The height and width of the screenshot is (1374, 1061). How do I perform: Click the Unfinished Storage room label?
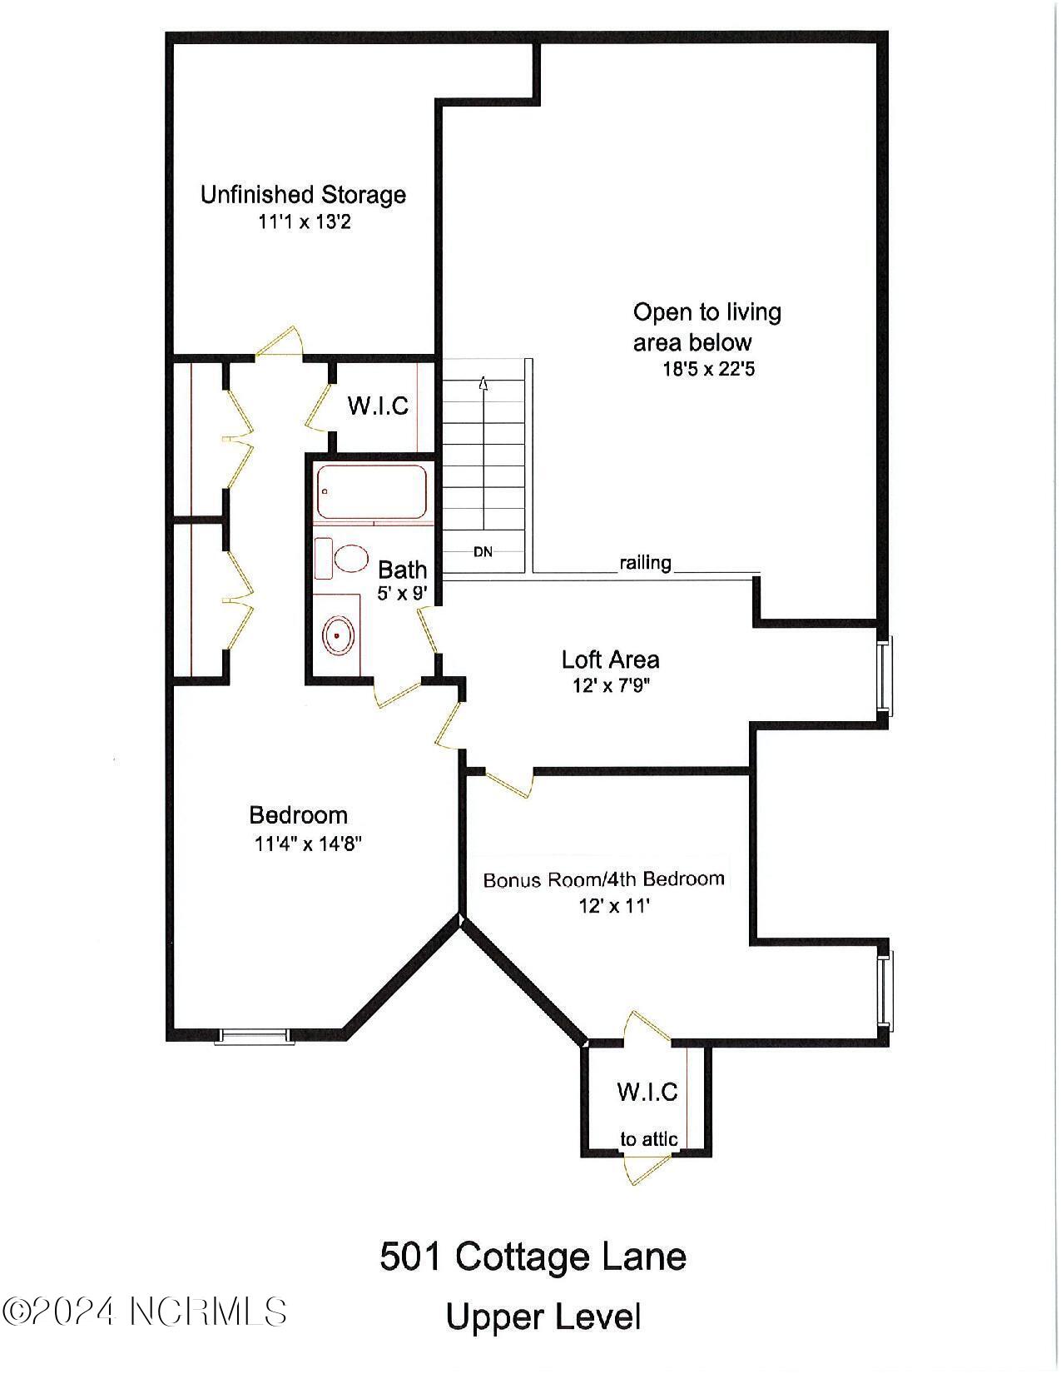(x=303, y=195)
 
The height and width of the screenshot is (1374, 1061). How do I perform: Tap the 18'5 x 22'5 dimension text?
(x=708, y=369)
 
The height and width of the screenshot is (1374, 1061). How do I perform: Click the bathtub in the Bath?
(x=371, y=492)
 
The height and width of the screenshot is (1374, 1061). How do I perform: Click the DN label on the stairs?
(x=483, y=551)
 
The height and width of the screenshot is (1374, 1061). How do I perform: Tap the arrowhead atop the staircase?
(x=483, y=383)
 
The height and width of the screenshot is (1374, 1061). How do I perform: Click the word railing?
(x=645, y=563)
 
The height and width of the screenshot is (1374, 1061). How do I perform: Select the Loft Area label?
(x=610, y=660)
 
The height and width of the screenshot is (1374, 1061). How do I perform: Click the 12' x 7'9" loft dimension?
(x=610, y=686)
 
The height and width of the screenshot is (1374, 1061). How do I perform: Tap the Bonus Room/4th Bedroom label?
(x=604, y=879)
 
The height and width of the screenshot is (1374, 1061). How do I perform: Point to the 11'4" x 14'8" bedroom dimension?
(x=308, y=844)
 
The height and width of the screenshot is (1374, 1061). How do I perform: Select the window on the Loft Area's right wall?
(x=885, y=676)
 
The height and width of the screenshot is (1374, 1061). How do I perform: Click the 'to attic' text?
(x=648, y=1139)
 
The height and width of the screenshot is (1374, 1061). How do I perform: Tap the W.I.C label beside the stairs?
(x=378, y=406)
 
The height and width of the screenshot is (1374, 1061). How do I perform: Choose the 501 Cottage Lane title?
(x=533, y=1256)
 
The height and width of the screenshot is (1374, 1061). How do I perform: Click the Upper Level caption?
(x=543, y=1317)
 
